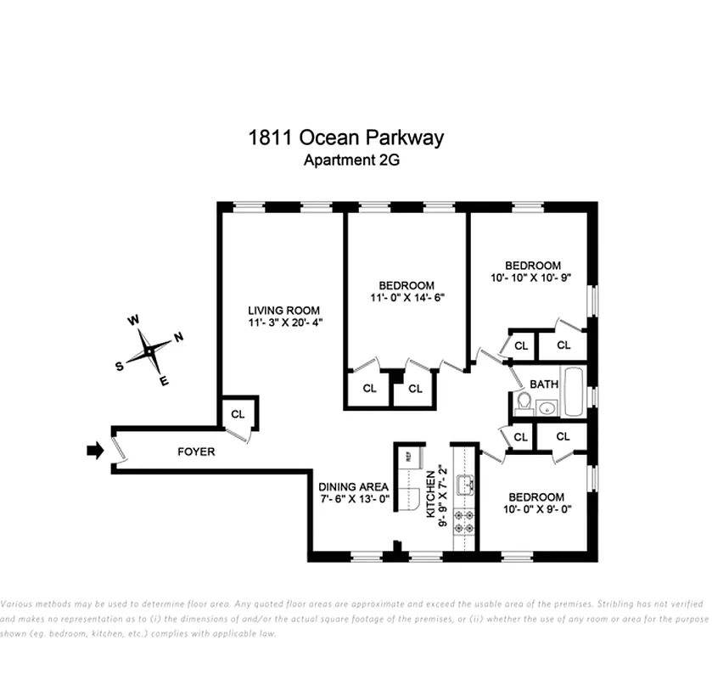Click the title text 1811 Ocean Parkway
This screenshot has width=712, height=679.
pyautogui.click(x=345, y=137)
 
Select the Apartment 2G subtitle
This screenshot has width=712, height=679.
pyautogui.click(x=345, y=160)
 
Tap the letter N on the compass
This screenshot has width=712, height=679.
pyautogui.click(x=179, y=338)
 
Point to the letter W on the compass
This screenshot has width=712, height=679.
pyautogui.click(x=132, y=321)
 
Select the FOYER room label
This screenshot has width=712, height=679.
pyautogui.click(x=195, y=452)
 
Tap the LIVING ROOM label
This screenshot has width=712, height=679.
pyautogui.click(x=283, y=310)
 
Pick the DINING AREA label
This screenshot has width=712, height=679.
pyautogui.click(x=354, y=486)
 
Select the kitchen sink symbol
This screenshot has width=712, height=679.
pyautogui.click(x=464, y=485)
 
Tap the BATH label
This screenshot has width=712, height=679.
pyautogui.click(x=544, y=384)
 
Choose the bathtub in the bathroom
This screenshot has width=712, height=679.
pyautogui.click(x=574, y=391)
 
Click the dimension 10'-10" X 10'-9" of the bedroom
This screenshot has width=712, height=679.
pyautogui.click(x=532, y=278)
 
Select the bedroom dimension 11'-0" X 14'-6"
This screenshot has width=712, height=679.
pyautogui.click(x=406, y=298)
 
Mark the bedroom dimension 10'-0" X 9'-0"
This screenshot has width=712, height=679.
pyautogui.click(x=535, y=510)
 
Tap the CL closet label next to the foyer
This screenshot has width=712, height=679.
pyautogui.click(x=238, y=414)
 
